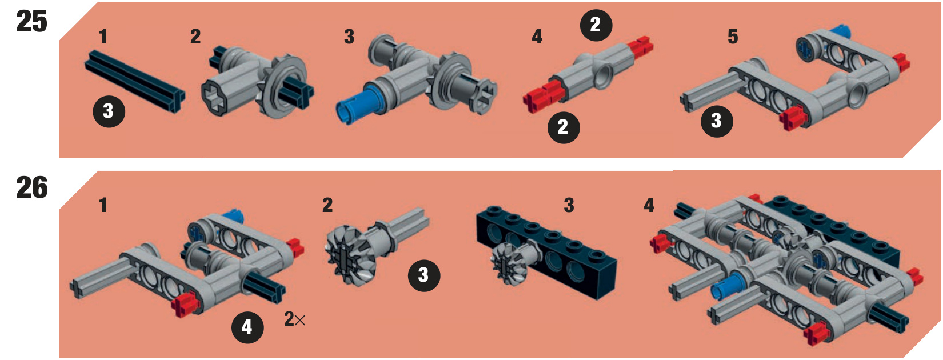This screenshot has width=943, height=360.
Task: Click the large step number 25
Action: pos(31,22)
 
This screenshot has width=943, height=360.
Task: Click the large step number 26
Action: pos(32,187)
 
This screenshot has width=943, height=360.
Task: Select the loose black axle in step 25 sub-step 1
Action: pos(135,81)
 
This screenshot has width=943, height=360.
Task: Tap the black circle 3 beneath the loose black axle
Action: pos(109,111)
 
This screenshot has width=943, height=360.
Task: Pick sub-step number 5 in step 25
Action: pos(733,37)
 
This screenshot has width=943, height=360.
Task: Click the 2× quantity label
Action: pos(295,319)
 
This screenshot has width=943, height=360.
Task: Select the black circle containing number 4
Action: pos(247,327)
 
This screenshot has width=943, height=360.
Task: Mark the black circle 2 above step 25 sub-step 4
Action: pos(596,25)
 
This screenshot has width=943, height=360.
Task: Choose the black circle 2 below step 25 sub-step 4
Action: pos(564,127)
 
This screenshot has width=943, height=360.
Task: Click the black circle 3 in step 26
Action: pos(424,275)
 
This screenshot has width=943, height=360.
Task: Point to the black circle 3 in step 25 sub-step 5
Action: pos(717,121)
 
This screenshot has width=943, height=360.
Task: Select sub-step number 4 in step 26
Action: pos(649,206)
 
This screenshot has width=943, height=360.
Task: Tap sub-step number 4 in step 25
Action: pos(537,37)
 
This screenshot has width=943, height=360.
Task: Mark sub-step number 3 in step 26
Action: pos(569,206)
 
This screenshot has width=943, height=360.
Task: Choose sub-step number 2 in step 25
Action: pos(195,37)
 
